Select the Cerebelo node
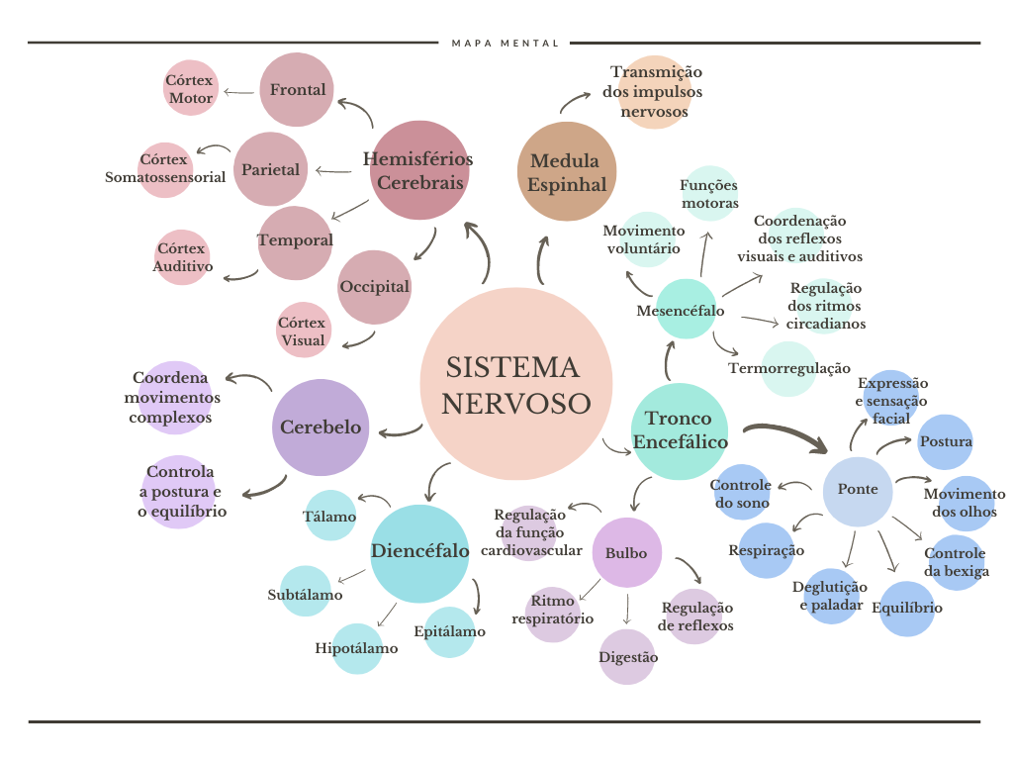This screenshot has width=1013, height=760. pyautogui.click(x=320, y=427)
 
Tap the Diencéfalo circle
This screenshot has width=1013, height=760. pyautogui.click(x=419, y=552)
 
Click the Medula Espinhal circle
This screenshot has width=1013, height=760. pyautogui.click(x=567, y=172)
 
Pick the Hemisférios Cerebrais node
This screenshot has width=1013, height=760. pyautogui.click(x=418, y=170)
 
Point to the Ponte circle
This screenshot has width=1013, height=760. pyautogui.click(x=858, y=490)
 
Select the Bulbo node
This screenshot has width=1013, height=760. pyautogui.click(x=626, y=553)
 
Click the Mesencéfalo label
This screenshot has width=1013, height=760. pyautogui.click(x=680, y=311)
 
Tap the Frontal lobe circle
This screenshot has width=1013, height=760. pyautogui.click(x=297, y=90)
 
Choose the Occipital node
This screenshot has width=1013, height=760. pyautogui.click(x=374, y=287)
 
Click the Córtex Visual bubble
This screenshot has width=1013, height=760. pyautogui.click(x=303, y=331)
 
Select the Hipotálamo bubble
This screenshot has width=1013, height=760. pyautogui.click(x=357, y=649)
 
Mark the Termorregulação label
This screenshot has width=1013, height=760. pyautogui.click(x=788, y=369)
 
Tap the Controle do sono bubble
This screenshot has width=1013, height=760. pyautogui.click(x=742, y=492)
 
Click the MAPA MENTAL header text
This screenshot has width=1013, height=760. pyautogui.click(x=506, y=44)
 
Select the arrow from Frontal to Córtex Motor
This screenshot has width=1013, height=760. pyautogui.click(x=237, y=92)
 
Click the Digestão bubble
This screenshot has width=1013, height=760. pyautogui.click(x=627, y=657)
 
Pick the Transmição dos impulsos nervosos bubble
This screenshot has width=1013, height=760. pyautogui.click(x=654, y=92)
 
